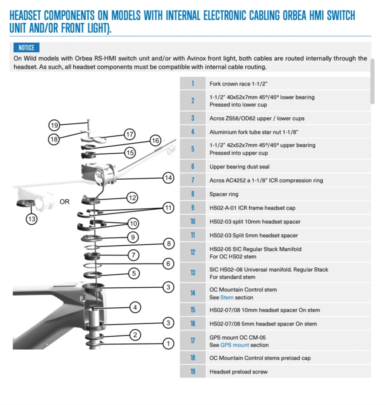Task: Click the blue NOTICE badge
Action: [x=26, y=48]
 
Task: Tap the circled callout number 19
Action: [x=54, y=125]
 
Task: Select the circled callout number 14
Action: [x=168, y=178]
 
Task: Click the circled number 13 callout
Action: [x=31, y=219]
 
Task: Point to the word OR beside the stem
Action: [x=64, y=202]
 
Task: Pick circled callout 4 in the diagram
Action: [x=135, y=307]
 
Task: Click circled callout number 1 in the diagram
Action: [x=168, y=343]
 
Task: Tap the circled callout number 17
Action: [x=130, y=134]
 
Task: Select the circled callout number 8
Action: [x=169, y=244]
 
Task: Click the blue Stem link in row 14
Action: [x=227, y=297]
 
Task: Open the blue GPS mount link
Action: [x=234, y=345]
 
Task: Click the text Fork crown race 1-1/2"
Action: [x=238, y=84]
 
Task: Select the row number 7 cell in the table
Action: [x=193, y=180]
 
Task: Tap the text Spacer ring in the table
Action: [x=224, y=194]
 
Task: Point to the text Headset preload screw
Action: [x=238, y=372]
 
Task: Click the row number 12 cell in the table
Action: [x=193, y=252]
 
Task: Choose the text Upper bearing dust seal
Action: [x=239, y=167]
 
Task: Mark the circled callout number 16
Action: [x=155, y=141]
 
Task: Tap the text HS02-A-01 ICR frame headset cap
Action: [x=252, y=208]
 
